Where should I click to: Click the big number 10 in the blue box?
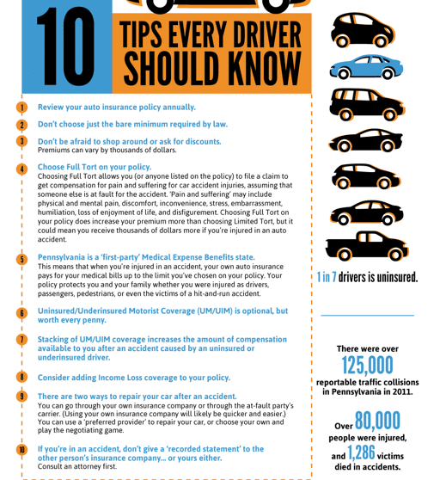pyautogui.click(x=65, y=46)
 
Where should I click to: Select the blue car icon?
pyautogui.click(x=366, y=67)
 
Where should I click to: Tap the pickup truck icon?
pyautogui.click(x=367, y=246)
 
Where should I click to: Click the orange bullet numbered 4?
pyautogui.click(x=21, y=169)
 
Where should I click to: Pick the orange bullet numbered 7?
pyautogui.click(x=21, y=340)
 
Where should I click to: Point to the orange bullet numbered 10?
pyautogui.click(x=21, y=450)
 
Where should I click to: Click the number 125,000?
pyautogui.click(x=367, y=365)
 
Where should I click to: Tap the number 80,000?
pyautogui.click(x=377, y=421)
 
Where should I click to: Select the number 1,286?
pyautogui.click(x=361, y=452)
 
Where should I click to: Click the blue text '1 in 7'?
pyautogui.click(x=327, y=277)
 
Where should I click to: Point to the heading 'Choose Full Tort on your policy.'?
pyautogui.click(x=95, y=167)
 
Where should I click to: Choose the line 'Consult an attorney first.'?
pyautogui.click(x=77, y=466)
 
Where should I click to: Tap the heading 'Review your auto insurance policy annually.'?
pyautogui.click(x=117, y=108)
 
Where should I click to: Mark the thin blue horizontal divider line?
pyautogui.click(x=367, y=315)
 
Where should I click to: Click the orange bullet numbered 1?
pyautogui.click(x=21, y=108)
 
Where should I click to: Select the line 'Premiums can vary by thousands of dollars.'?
pyautogui.click(x=107, y=150)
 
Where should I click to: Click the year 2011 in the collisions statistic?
pyautogui.click(x=402, y=392)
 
